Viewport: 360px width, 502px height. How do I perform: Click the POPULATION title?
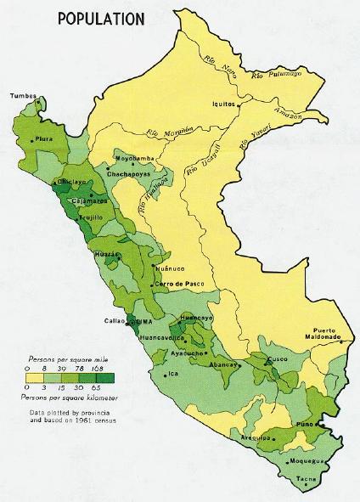99,18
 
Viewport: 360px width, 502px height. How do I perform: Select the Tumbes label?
24,96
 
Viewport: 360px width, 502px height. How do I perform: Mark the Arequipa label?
255,437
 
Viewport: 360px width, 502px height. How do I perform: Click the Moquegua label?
308,461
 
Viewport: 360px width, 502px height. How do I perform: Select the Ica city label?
172,373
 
